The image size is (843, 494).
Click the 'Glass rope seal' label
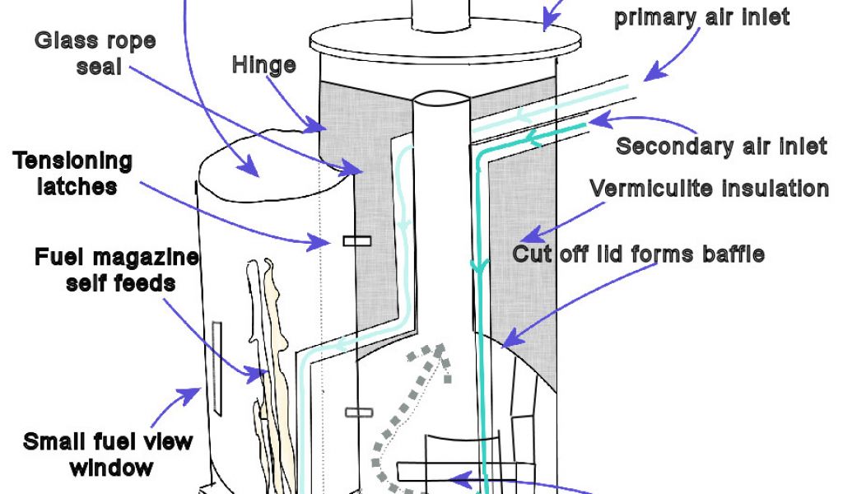tap(95, 54)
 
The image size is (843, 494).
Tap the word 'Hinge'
tap(263, 64)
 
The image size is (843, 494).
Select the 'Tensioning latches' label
tap(73, 173)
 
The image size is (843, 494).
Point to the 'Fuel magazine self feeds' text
tap(116, 269)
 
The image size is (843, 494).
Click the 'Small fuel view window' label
tap(108, 454)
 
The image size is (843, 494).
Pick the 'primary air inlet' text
tap(701, 17)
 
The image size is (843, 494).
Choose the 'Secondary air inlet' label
tap(721, 147)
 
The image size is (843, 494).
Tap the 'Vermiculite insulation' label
tap(709, 189)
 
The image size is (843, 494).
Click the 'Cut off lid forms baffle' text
tap(638, 254)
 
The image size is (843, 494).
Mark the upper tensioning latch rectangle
tap(356, 240)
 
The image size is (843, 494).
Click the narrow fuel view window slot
tap(217, 366)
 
